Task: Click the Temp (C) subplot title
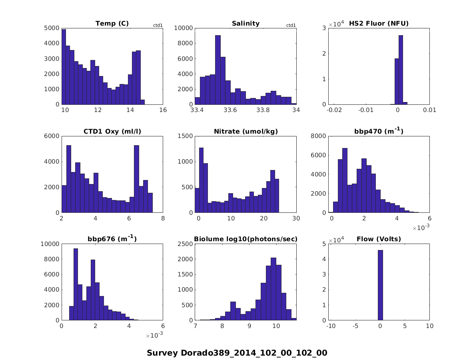tap(112, 24)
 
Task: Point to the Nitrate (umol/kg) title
tap(245, 132)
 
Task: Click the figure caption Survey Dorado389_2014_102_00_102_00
tap(237, 353)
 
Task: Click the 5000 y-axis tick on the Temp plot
tap(52, 28)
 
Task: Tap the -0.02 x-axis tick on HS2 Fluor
tap(334, 111)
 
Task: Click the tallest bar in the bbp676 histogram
tap(76, 284)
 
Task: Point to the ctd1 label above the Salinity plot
tap(291, 26)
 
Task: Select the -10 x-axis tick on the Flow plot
tap(331, 327)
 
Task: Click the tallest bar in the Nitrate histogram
tap(201, 180)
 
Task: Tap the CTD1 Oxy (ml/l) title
tap(112, 132)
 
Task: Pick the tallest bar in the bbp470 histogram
tap(345, 180)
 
